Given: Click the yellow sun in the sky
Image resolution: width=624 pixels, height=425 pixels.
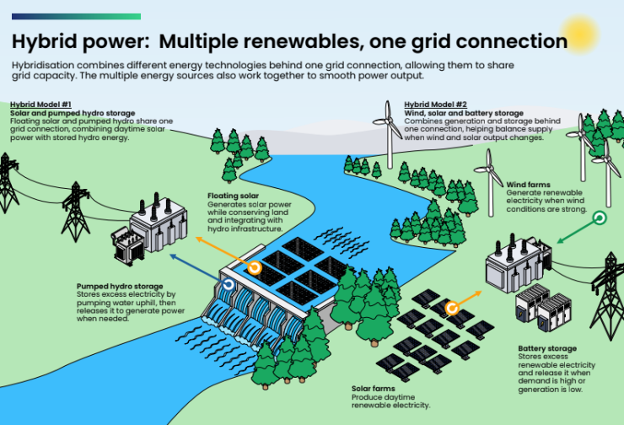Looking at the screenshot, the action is coord(579,35).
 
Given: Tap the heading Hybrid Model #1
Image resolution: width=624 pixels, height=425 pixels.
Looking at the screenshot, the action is coord(40,105).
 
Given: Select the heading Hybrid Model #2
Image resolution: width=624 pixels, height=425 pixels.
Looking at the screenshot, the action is coord(435,105).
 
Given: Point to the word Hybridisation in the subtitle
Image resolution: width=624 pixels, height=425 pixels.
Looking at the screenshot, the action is coord(43,66).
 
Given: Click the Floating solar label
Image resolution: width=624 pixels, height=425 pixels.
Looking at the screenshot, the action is coord(234,196).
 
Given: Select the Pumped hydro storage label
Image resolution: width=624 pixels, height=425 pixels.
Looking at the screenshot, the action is coord(120,286).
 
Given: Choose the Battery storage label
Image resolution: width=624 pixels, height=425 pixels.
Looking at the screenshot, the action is coord(547,348).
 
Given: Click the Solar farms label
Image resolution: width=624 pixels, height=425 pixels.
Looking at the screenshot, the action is coord(374,389).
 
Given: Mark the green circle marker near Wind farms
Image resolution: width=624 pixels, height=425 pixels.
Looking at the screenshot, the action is coord(600,218).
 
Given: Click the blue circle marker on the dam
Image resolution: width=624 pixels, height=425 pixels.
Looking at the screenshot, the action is coord(228,284).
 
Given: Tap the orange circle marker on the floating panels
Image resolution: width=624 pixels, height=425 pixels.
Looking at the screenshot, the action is coord(255,268).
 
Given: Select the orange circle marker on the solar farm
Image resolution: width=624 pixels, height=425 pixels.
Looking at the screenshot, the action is coord(452,309).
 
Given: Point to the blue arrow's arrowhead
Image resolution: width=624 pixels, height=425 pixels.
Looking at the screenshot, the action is coord(173,256).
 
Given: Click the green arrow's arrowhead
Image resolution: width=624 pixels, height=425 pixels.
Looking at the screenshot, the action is coord(560,240).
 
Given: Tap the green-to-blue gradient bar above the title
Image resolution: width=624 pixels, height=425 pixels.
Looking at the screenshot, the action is coord(76,16).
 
